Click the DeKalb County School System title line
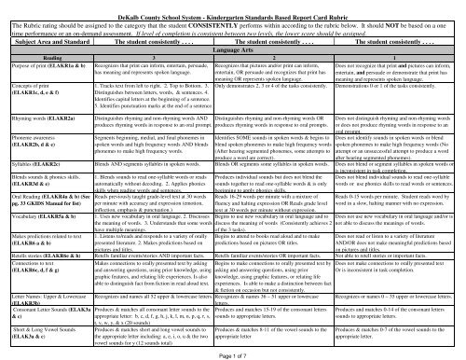233,6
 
